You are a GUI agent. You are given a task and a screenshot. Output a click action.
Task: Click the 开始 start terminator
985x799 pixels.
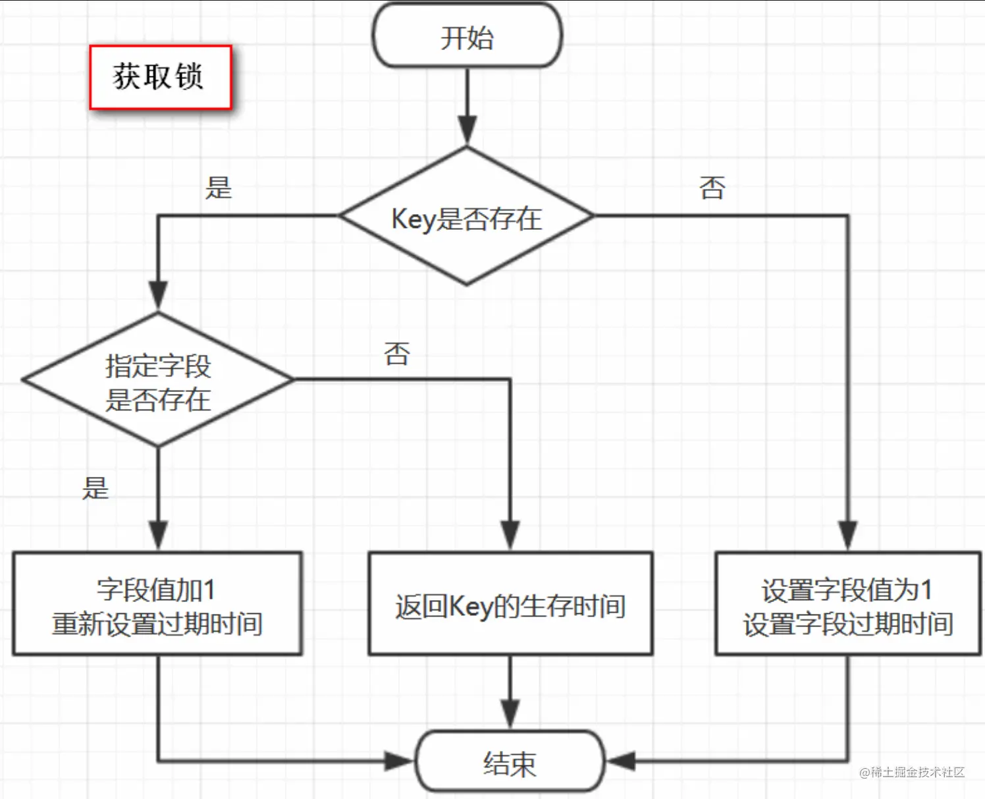coord(467,37)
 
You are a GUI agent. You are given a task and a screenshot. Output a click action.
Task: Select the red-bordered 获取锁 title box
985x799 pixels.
coord(160,77)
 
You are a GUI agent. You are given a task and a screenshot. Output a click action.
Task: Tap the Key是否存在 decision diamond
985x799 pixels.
coord(466,217)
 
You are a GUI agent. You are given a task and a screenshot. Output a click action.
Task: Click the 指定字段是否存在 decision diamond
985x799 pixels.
coord(158,381)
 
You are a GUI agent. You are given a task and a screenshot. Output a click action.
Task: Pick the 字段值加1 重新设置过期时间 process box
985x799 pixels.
coord(157,604)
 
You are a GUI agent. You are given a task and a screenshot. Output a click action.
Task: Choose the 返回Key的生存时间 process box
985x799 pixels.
coord(510,604)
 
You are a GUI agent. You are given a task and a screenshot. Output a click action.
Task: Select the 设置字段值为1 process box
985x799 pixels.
coord(847,604)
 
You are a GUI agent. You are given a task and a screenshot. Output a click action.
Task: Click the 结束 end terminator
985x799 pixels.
coord(510,762)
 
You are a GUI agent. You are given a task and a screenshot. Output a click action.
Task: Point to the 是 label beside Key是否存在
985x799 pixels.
coord(219,188)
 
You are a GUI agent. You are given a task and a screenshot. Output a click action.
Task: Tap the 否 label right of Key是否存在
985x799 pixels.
coord(712,188)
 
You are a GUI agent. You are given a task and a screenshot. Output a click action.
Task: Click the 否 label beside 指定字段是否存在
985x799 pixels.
coord(397,354)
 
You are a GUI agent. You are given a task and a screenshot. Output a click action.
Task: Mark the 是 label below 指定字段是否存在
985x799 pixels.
coord(95,488)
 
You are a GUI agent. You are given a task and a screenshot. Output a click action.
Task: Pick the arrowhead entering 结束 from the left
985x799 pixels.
coord(399,761)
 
